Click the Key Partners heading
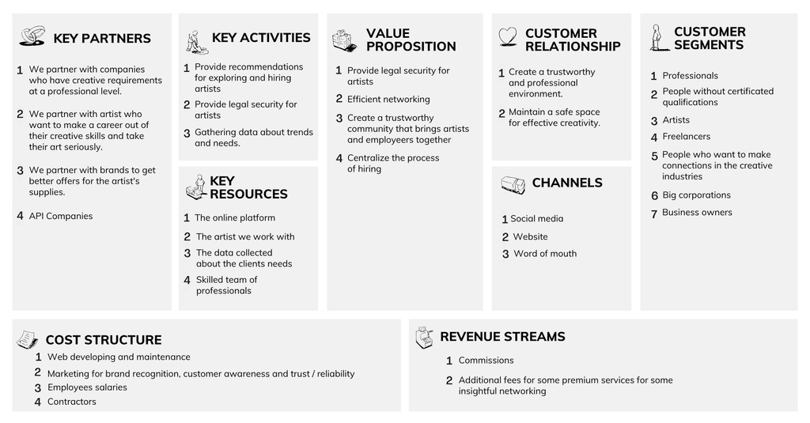pyautogui.click(x=102, y=38)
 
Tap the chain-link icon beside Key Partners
pyautogui.click(x=32, y=36)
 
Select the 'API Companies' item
pyautogui.click(x=61, y=216)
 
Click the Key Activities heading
pyautogui.click(x=261, y=38)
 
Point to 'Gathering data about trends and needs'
pyautogui.click(x=254, y=138)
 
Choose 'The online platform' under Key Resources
pyautogui.click(x=234, y=218)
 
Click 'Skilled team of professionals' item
pyautogui.click(x=226, y=285)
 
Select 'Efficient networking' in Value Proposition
pyautogui.click(x=388, y=99)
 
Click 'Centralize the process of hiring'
pyautogui.click(x=393, y=163)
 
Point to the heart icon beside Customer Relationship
pyautogui.click(x=508, y=37)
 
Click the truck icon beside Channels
pyautogui.click(x=513, y=185)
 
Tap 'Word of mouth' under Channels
pyautogui.click(x=545, y=254)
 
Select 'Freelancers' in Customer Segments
pyautogui.click(x=686, y=136)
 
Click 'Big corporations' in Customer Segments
pyautogui.click(x=696, y=195)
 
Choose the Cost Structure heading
pyautogui.click(x=104, y=340)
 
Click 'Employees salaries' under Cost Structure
pyautogui.click(x=87, y=387)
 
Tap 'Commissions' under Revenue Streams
pyautogui.click(x=486, y=361)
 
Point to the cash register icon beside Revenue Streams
pyautogui.click(x=424, y=338)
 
